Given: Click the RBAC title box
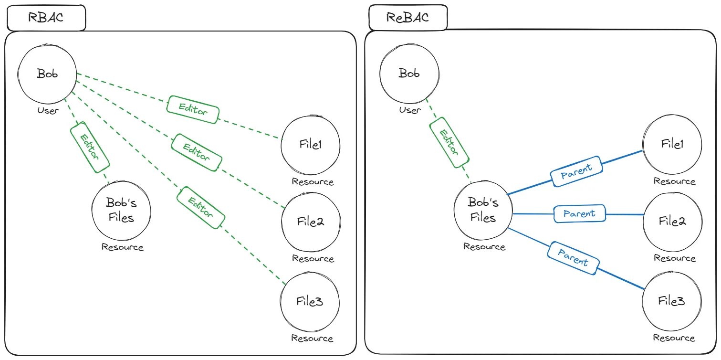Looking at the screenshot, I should click(46, 18).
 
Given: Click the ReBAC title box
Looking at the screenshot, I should click(408, 18).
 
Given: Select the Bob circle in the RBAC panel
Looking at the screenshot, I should click(47, 74).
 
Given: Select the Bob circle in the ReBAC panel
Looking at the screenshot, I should click(409, 74).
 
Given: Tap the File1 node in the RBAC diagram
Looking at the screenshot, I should click(310, 145).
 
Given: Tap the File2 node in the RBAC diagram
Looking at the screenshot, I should click(310, 222).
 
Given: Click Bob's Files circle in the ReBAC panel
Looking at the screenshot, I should click(483, 211).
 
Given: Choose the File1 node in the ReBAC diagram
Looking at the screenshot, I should click(672, 144).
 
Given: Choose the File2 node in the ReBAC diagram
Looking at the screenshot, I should click(672, 221).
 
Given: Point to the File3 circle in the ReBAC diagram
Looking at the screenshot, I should click(672, 301).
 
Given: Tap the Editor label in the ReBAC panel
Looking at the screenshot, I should click(449, 142).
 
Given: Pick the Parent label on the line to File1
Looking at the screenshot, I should click(576, 171).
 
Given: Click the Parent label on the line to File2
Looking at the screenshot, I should click(579, 213).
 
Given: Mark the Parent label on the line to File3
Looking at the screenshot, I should click(573, 258).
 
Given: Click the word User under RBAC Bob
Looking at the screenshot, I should click(48, 111).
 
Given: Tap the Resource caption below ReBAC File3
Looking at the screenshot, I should click(674, 338).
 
